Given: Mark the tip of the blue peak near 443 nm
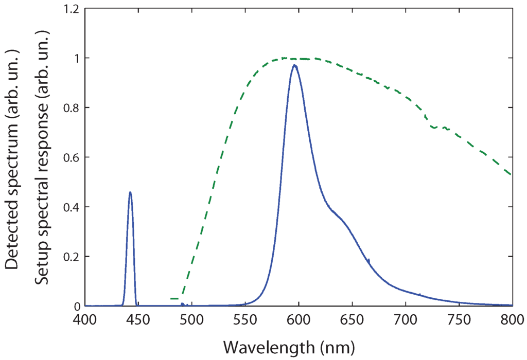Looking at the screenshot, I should click(x=130, y=192).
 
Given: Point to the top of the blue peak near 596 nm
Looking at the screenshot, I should click(x=294, y=65).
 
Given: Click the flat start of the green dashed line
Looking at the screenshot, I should click(x=174, y=298).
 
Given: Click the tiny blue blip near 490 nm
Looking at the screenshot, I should click(x=182, y=304).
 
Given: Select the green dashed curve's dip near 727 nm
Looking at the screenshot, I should click(x=434, y=127).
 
